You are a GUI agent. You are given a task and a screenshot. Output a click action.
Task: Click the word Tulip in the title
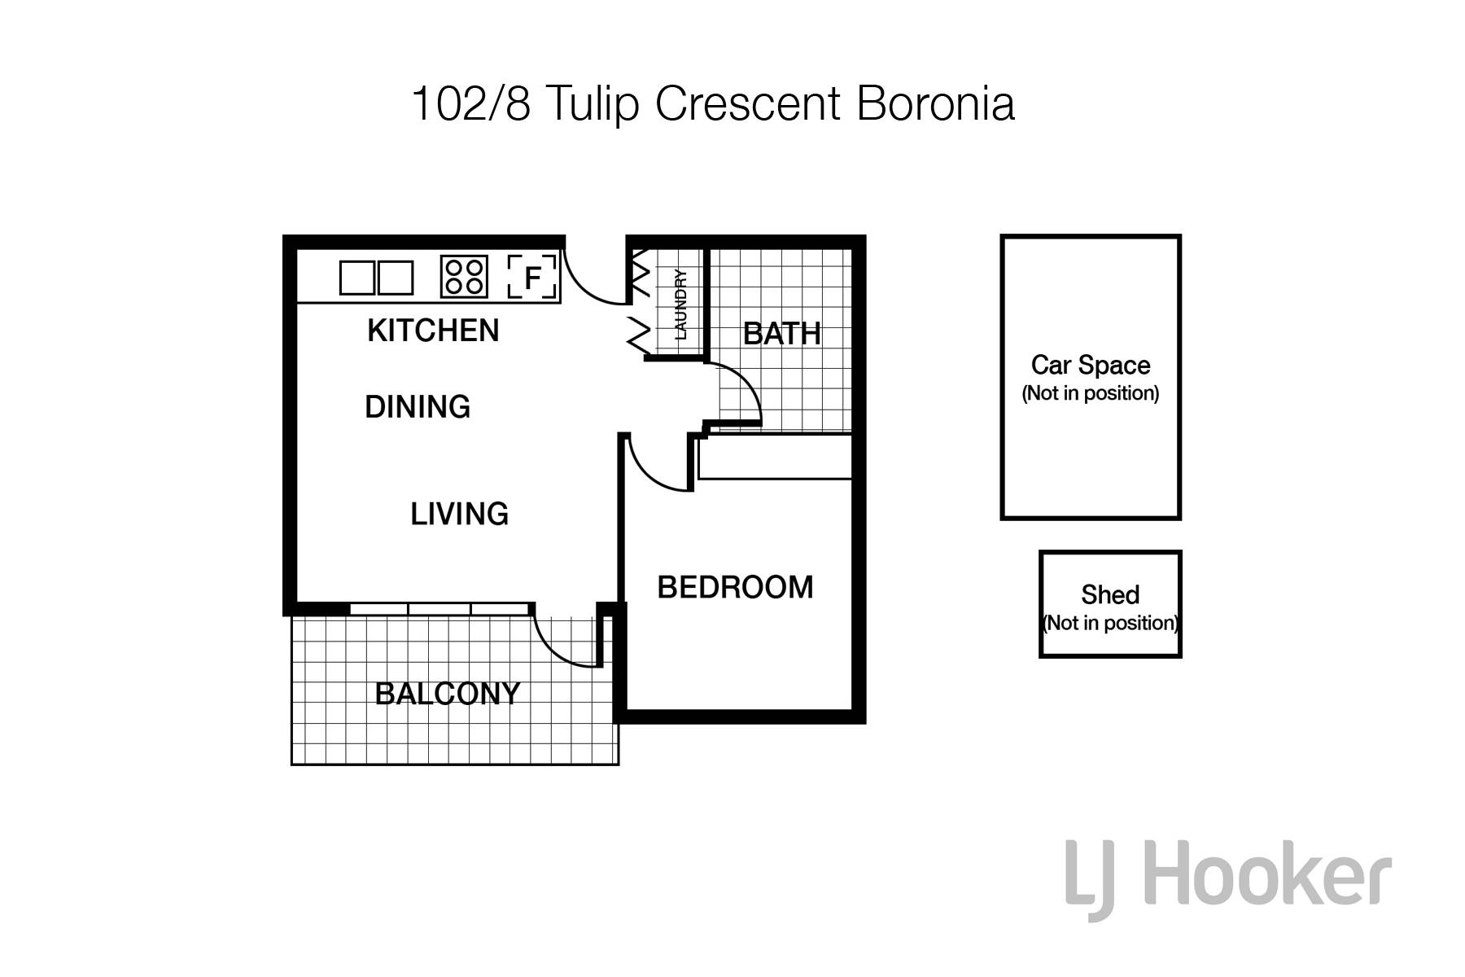(593, 105)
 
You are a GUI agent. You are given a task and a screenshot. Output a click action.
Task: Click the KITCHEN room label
(433, 331)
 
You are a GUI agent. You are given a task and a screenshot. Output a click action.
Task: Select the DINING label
(418, 407)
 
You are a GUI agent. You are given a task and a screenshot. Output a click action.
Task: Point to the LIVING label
(459, 515)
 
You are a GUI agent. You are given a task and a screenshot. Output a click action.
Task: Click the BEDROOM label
(735, 588)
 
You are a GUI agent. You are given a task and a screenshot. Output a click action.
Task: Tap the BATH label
(782, 334)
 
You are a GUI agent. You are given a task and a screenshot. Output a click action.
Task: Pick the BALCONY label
(448, 694)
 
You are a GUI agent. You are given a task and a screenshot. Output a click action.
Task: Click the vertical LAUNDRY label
(681, 304)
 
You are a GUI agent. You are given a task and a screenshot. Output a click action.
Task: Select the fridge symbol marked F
(532, 277)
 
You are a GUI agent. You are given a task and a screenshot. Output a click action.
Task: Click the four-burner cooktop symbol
(465, 277)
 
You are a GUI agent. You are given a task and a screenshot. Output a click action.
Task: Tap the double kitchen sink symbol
(376, 278)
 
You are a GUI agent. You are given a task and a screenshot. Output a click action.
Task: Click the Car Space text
(1091, 366)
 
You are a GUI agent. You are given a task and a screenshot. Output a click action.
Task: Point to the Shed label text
(1110, 595)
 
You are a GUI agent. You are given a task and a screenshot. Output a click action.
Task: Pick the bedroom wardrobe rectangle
(775, 457)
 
